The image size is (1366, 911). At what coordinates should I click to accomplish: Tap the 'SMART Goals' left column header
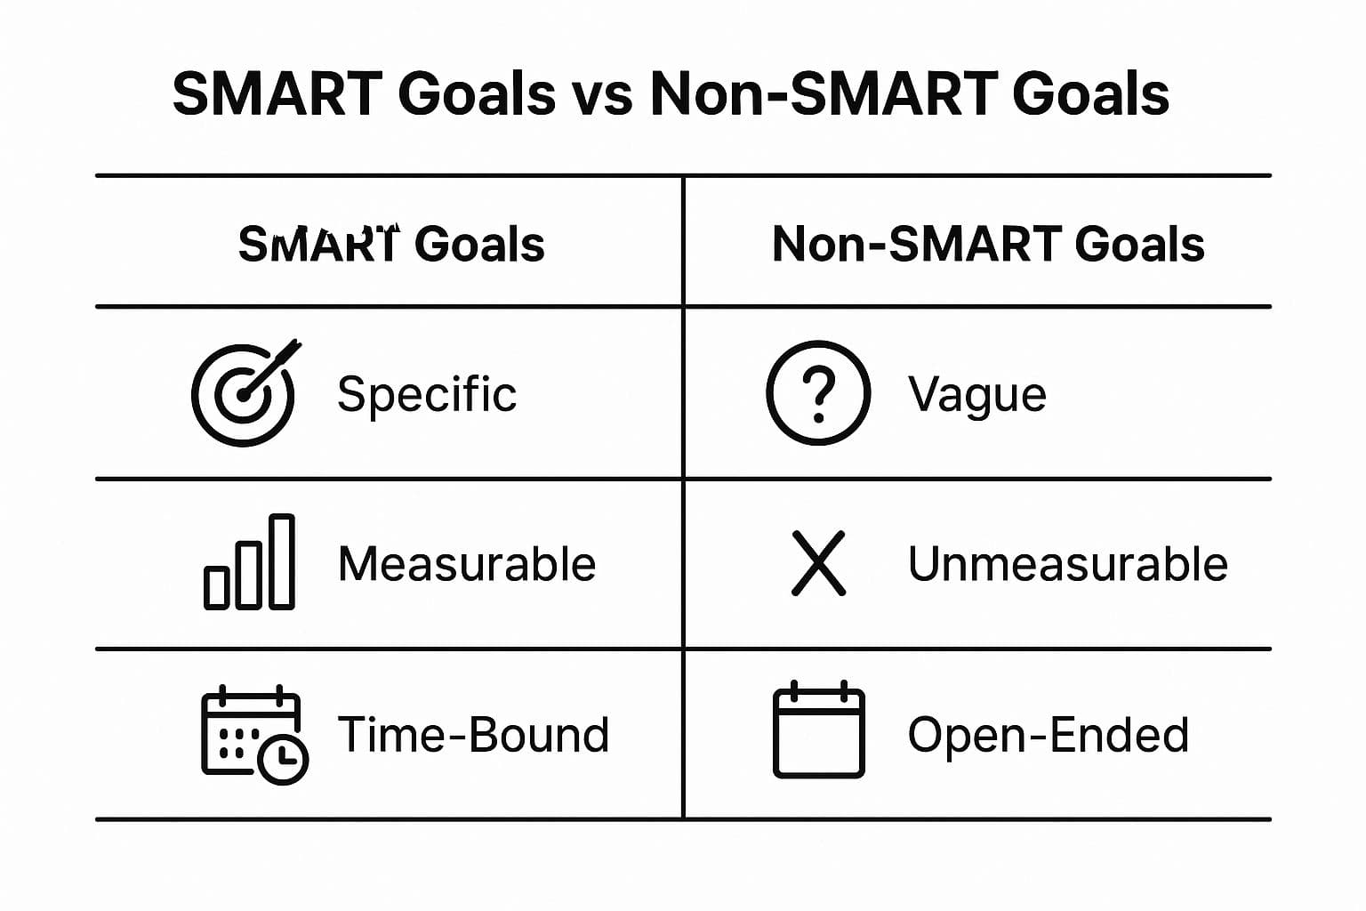tap(391, 244)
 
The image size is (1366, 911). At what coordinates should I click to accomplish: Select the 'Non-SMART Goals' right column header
tap(988, 244)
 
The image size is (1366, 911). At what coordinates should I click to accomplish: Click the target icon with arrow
tap(245, 393)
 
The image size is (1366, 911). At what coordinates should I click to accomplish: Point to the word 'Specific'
tap(427, 395)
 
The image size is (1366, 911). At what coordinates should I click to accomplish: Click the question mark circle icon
tap(818, 393)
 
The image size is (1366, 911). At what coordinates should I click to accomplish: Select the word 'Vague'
tap(977, 396)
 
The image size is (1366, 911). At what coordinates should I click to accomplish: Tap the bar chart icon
tap(249, 562)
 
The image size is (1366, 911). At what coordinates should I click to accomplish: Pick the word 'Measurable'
tap(467, 564)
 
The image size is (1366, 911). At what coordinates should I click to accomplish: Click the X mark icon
tap(818, 562)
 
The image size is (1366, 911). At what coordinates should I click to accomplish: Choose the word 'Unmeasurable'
tap(1068, 564)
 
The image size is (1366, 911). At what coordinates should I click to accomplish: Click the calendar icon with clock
tap(254, 734)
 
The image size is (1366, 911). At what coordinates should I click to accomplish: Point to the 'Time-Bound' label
tap(473, 734)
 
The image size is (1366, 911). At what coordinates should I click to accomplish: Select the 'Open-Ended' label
tap(1049, 736)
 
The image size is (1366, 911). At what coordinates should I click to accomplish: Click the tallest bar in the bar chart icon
tap(282, 562)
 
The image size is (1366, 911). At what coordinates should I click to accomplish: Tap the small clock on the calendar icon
tap(283, 760)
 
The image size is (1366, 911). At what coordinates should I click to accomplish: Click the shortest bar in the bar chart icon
tap(216, 588)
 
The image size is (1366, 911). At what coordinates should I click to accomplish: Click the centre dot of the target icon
tap(244, 395)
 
